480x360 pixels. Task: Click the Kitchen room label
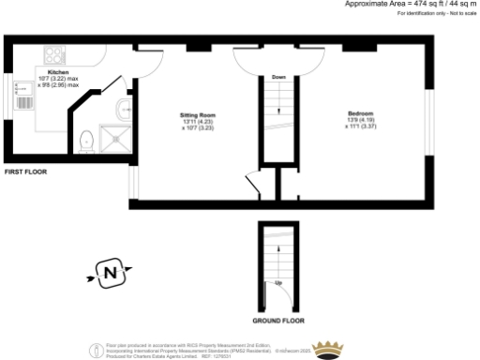[x=58, y=71]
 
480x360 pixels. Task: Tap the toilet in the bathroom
[x=86, y=141]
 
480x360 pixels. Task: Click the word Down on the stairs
[x=278, y=77]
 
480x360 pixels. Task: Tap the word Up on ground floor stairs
[x=278, y=282]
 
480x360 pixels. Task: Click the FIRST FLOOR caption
[x=25, y=172]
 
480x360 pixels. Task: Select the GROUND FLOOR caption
[x=279, y=321]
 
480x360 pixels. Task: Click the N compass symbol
[x=110, y=275]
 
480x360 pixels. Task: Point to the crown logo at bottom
[x=328, y=350]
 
